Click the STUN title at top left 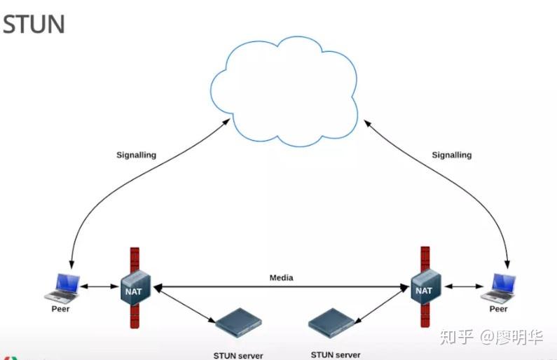click(34, 24)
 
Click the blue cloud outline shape click(288, 91)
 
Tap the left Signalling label click(136, 155)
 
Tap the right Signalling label click(451, 155)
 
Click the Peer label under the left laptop click(61, 309)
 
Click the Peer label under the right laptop click(498, 309)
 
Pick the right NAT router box click(425, 289)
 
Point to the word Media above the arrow click(281, 278)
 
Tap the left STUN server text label click(238, 355)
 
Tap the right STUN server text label click(336, 355)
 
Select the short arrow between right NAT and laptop click(462, 286)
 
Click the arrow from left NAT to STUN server click(184, 304)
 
